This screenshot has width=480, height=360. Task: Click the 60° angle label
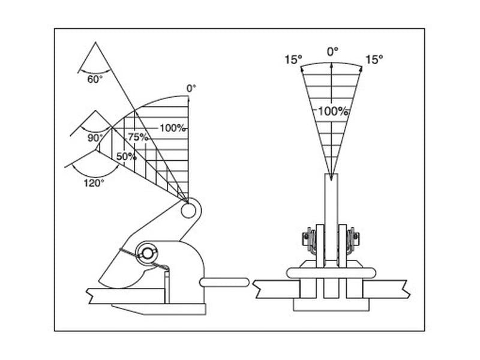(95, 79)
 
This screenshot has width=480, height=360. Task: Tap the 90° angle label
(95, 138)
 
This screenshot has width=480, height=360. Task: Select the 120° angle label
(94, 184)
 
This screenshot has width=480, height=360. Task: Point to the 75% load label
(138, 137)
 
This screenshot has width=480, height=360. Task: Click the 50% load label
(127, 157)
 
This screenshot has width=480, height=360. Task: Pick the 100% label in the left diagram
(173, 128)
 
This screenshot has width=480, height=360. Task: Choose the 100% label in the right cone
(333, 111)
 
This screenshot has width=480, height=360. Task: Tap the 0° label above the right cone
(333, 52)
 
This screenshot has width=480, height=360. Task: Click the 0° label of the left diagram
(191, 88)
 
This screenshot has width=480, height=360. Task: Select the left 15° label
(293, 59)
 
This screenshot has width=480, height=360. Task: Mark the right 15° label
(374, 59)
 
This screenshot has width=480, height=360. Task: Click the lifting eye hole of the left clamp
(188, 211)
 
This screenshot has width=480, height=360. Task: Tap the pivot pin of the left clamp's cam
(147, 254)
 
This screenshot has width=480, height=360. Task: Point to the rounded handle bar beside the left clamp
(224, 282)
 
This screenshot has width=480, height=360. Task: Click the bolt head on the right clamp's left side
(305, 236)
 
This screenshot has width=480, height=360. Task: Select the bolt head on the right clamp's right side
(356, 236)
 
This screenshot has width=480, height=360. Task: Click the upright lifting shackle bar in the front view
(331, 217)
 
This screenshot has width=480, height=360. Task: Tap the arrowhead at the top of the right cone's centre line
(331, 65)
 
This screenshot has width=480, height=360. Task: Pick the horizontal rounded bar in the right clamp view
(331, 273)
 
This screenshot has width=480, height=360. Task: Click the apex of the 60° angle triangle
(96, 42)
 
